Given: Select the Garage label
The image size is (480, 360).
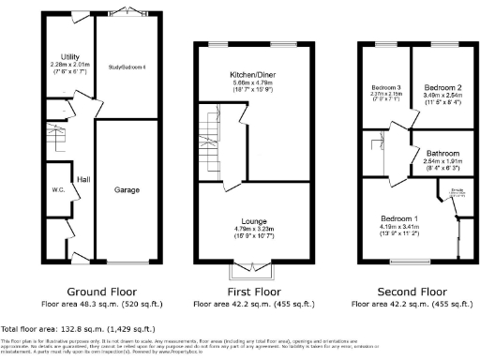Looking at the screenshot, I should [127, 190].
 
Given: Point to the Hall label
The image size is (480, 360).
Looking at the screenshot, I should [83, 178].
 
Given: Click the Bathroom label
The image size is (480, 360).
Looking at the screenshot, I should [441, 153].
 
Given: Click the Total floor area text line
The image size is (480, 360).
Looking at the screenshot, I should [74, 330].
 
